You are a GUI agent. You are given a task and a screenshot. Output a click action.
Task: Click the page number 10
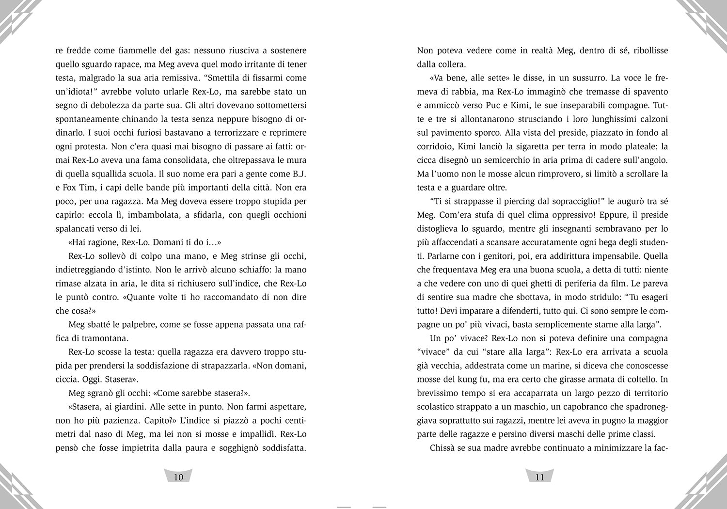click(x=178, y=477)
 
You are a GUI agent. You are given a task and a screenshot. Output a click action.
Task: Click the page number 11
click(x=539, y=477)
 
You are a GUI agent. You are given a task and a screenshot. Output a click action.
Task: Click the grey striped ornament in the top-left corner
click(x=17, y=17)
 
